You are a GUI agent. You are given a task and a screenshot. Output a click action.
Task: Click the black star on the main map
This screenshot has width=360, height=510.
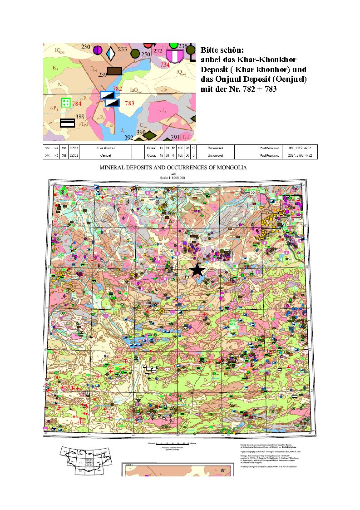197,270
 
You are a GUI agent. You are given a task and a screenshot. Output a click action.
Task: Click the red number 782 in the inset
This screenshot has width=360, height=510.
117,89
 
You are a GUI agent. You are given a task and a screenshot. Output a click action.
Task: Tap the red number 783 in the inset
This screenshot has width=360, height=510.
129,104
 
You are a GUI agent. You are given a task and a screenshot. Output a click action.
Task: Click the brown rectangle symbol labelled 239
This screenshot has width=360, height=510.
115,71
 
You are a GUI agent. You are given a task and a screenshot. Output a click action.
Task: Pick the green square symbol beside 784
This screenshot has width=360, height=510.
66,103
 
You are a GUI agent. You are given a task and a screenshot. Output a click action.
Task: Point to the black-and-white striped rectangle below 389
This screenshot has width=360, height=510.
68,123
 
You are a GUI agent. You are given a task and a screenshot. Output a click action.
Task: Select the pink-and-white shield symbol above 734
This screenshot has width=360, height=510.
174,56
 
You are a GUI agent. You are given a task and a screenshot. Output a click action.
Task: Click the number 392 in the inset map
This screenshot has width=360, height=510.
128,138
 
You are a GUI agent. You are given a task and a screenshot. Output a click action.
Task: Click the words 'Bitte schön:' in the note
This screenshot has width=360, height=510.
222,50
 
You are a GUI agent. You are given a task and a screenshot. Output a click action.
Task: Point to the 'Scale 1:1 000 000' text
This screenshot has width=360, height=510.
173,177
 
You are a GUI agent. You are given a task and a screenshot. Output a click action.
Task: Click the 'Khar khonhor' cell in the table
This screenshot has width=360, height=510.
105,148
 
